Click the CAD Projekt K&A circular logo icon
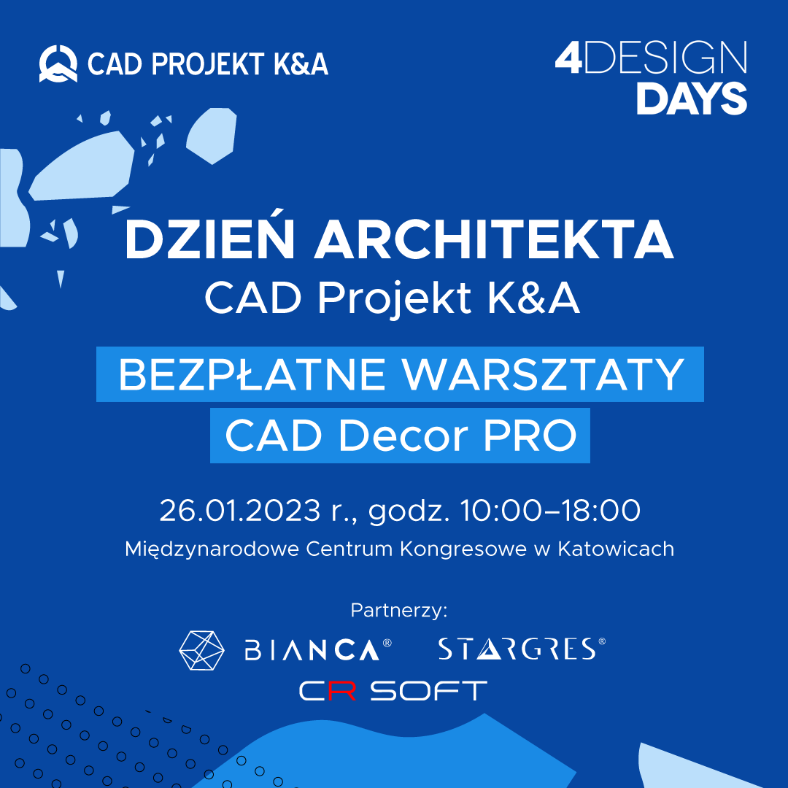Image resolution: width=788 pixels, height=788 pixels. click(58, 63)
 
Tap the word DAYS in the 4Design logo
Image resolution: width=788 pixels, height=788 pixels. click(692, 98)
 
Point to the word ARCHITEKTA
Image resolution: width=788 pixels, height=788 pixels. click(494, 239)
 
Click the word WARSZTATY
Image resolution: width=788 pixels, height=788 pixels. click(543, 374)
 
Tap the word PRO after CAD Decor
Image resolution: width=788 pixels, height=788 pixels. click(530, 435)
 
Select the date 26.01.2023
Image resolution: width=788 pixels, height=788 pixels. click(240, 511)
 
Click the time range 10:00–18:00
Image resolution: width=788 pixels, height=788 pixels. click(550, 511)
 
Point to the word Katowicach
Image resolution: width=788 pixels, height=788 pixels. click(616, 549)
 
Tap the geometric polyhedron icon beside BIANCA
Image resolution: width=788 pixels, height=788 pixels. click(201, 650)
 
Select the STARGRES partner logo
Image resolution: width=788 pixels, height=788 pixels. click(522, 649)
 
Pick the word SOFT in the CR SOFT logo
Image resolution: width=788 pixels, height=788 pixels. click(429, 690)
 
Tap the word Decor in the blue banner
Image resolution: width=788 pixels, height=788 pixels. click(403, 435)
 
